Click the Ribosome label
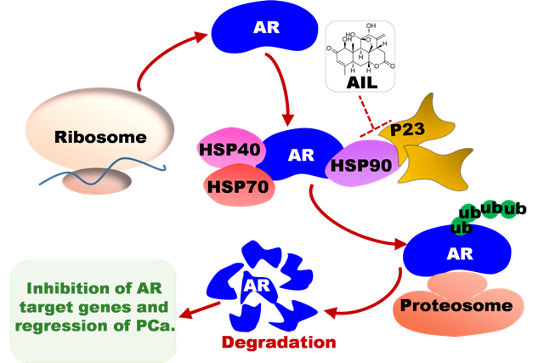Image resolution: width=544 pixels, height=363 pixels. pos(100,137)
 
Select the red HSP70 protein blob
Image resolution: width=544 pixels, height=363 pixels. pos(239,185)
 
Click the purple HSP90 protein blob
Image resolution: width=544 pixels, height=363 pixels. pos(360,163)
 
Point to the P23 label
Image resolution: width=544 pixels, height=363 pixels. pos(407,129)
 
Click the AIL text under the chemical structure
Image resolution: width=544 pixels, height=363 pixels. pos(361,82)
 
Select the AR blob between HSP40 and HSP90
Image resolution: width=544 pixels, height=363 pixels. pos(300,155)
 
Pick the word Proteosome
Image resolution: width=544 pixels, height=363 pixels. pos(456,305)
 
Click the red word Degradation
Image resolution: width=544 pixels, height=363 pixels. pos(279,343)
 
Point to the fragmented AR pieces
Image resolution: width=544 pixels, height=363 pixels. pos(262,286)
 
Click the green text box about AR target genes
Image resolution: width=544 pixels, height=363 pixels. pos(93,311)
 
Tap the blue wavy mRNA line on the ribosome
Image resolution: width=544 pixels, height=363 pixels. pos(103,171)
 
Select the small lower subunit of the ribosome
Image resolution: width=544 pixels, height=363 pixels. pos(97,180)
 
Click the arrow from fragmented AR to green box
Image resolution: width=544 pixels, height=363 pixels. pos(200,309)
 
